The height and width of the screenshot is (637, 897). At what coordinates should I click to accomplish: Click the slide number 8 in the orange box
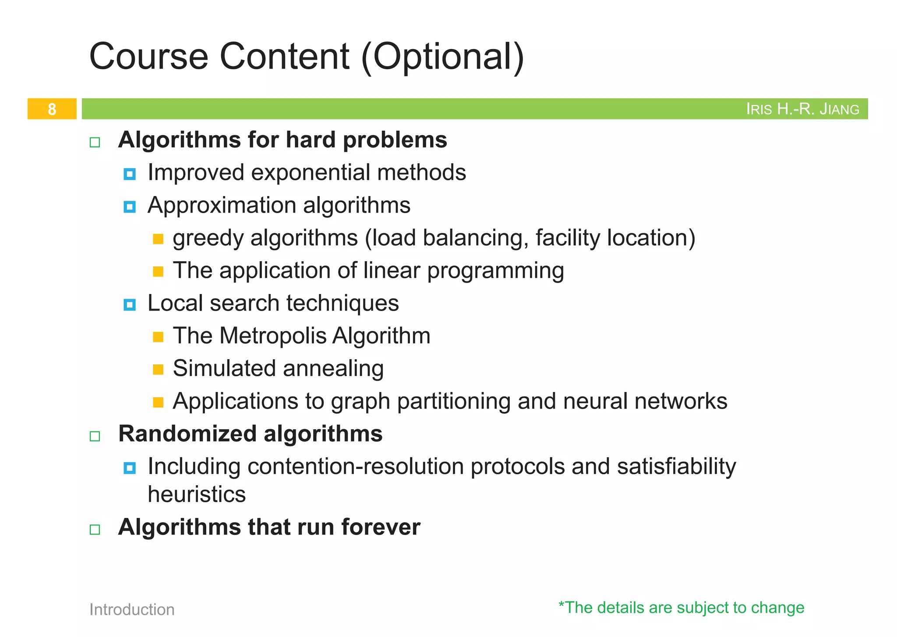click(x=52, y=109)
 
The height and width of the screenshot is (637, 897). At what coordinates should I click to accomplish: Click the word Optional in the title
click(x=442, y=57)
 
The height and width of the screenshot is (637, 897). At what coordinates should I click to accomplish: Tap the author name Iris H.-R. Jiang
click(x=802, y=109)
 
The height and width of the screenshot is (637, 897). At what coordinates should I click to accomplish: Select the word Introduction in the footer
click(x=132, y=609)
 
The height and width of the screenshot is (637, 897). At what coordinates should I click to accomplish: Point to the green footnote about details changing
click(x=681, y=608)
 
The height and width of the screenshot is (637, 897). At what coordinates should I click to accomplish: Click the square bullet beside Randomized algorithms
click(x=95, y=436)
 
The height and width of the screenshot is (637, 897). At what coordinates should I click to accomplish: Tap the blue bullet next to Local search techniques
click(x=130, y=304)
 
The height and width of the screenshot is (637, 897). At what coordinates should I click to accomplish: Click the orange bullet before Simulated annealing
click(x=158, y=370)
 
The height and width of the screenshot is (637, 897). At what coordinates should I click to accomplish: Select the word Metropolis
click(x=273, y=336)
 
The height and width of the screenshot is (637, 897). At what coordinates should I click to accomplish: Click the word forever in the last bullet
click(x=381, y=527)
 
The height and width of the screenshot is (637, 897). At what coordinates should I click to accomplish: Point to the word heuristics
click(x=197, y=494)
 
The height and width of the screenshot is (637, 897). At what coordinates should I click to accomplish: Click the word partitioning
click(x=454, y=402)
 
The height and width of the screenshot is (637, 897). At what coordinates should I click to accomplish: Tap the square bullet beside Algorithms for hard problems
click(x=95, y=142)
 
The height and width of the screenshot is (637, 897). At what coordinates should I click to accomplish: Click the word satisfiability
click(x=676, y=466)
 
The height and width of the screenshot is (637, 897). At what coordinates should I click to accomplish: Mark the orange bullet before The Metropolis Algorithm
click(x=158, y=337)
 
